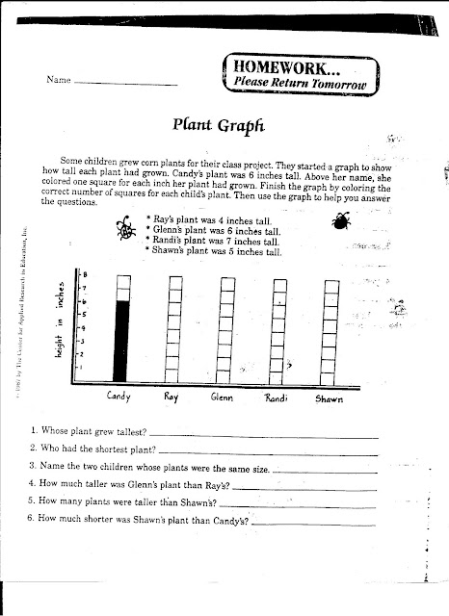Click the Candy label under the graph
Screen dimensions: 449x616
119,396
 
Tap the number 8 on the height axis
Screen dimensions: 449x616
84,275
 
